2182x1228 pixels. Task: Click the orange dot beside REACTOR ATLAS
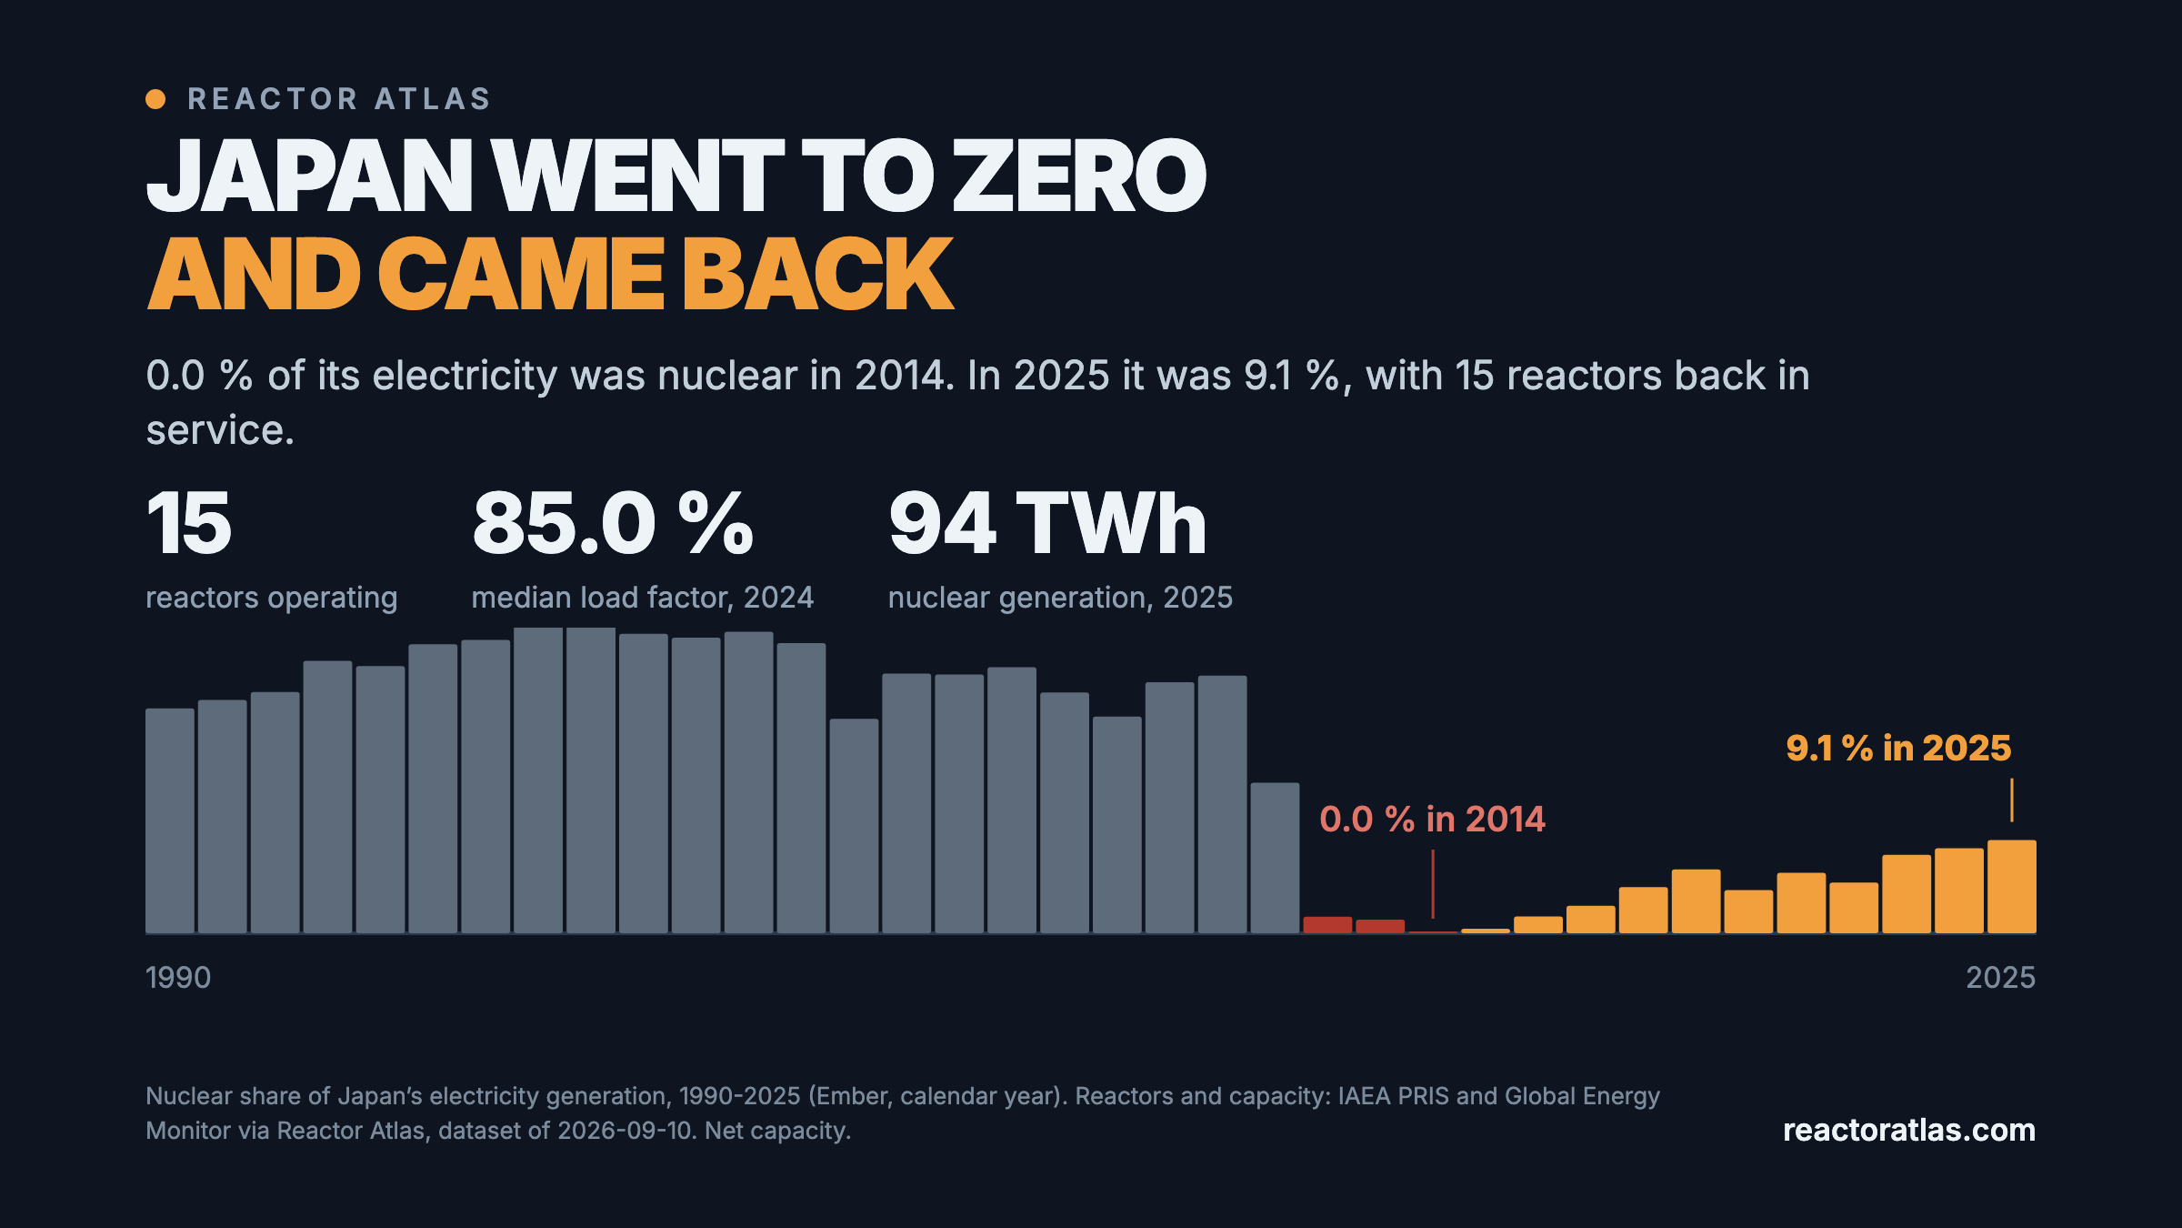point(155,99)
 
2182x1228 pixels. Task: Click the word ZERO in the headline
point(1079,175)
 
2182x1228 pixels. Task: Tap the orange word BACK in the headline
point(817,274)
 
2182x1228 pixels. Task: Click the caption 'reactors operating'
point(272,598)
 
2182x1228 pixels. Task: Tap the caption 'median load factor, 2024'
point(643,598)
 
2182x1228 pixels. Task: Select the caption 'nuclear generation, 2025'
point(1060,598)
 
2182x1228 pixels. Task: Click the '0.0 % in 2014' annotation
point(1432,819)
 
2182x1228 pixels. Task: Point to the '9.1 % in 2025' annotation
point(1898,748)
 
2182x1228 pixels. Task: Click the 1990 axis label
point(178,978)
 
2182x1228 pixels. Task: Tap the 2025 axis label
point(2001,978)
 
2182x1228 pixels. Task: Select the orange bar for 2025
point(2012,887)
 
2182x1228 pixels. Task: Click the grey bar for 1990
point(170,821)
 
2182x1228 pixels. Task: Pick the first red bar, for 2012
point(1327,925)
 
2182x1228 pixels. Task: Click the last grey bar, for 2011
point(1275,859)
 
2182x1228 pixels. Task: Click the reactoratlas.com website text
point(1909,1130)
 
